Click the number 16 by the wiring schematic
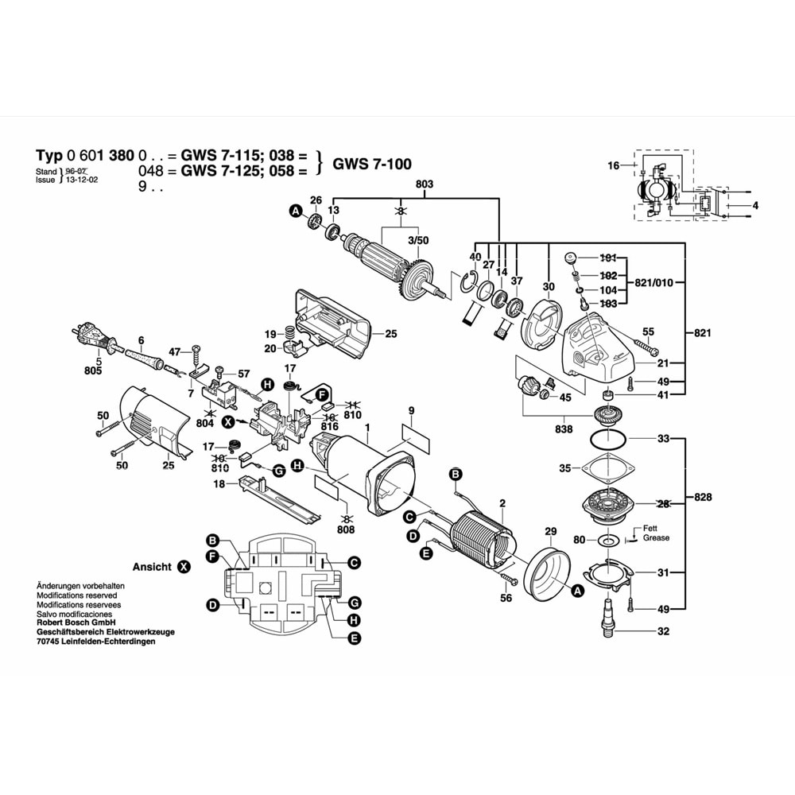pyautogui.click(x=613, y=165)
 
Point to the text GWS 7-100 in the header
pyautogui.click(x=372, y=165)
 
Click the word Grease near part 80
pyautogui.click(x=656, y=538)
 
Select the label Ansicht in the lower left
pyautogui.click(x=151, y=567)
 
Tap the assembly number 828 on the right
pyautogui.click(x=702, y=498)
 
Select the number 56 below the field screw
pyautogui.click(x=506, y=599)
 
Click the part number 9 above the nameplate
pyautogui.click(x=411, y=411)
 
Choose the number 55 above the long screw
pyautogui.click(x=648, y=331)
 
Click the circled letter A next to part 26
pyautogui.click(x=295, y=211)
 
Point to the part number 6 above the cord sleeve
pyautogui.click(x=140, y=339)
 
